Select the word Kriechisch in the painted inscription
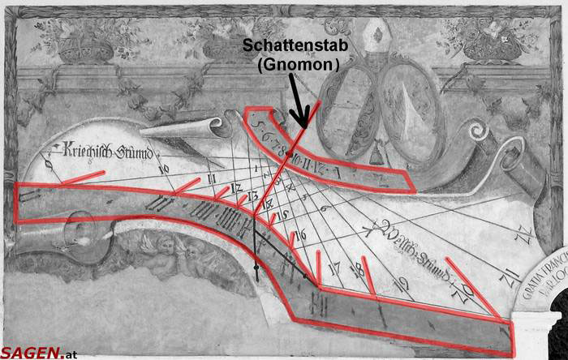pyautogui.click(x=79, y=149)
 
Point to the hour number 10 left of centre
pyautogui.click(x=165, y=169)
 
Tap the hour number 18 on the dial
pyautogui.click(x=357, y=269)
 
